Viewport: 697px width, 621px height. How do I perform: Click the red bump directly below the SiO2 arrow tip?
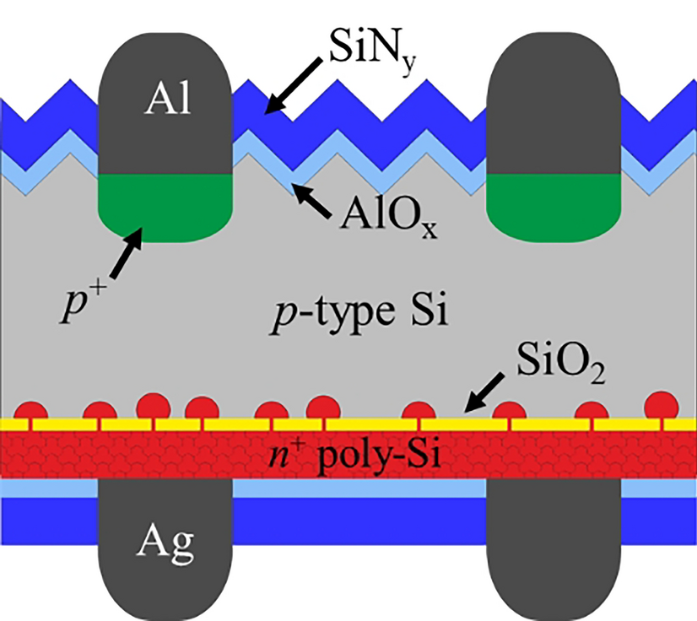tap(419, 413)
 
